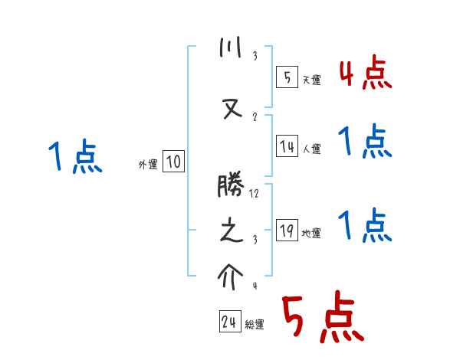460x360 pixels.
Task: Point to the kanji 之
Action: pos(231,232)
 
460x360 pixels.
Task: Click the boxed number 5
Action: pos(287,77)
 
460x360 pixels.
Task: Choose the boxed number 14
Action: pos(287,147)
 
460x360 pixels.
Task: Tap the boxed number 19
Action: pos(287,231)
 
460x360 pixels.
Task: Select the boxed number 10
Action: pos(173,162)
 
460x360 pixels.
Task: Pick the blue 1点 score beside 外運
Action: pos(75,157)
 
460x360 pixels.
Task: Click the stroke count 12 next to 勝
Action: pos(255,194)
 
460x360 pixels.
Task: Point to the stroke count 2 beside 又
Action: pos(255,117)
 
